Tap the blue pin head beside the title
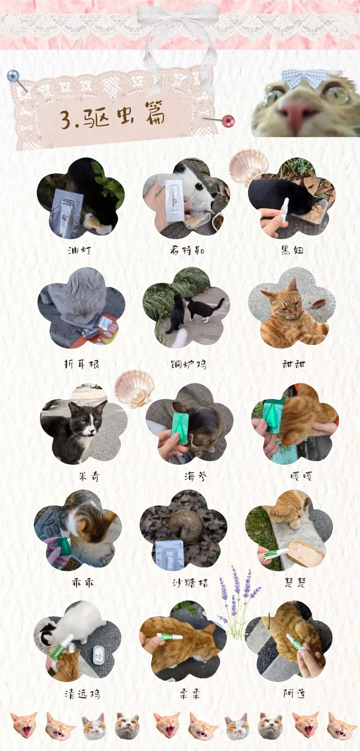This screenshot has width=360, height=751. (x=13, y=76)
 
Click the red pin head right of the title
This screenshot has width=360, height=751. (x=228, y=121)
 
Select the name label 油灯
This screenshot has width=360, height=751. (x=79, y=250)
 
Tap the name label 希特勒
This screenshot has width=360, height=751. (x=187, y=250)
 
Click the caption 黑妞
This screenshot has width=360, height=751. (x=292, y=250)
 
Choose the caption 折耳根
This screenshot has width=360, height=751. (x=82, y=364)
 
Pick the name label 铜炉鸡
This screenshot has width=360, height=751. (x=189, y=364)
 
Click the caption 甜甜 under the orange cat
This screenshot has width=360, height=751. (x=293, y=364)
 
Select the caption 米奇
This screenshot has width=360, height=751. (x=89, y=476)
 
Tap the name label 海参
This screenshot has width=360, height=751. (x=195, y=476)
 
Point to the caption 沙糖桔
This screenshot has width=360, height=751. (x=190, y=583)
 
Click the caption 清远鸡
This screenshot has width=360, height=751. (x=82, y=694)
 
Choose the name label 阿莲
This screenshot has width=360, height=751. (x=294, y=693)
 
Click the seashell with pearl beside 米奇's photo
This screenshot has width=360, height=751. (x=134, y=388)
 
